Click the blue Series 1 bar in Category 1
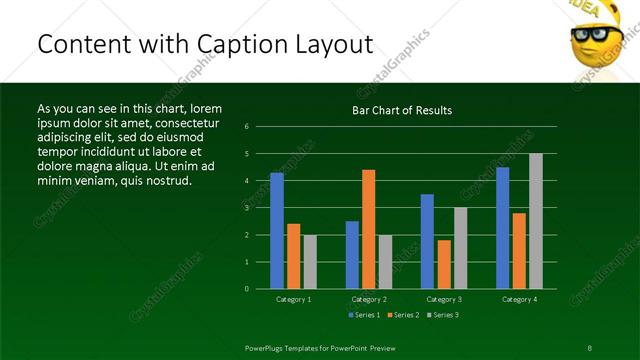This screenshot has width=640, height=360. pos(277,231)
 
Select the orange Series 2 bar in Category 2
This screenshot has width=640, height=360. pos(369,229)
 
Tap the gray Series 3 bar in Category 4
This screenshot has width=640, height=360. pos(536,221)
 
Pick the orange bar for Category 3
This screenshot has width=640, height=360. pos(444,264)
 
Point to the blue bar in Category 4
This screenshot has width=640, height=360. pos(502,228)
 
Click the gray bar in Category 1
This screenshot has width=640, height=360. pos(310,262)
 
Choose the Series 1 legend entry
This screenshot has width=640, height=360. pos(364,315)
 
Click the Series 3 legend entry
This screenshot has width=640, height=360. pos(444,315)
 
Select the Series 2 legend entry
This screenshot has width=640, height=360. pos(404,315)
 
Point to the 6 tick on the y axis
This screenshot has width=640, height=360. pos(246,127)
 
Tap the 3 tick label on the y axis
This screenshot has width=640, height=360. pos(246,208)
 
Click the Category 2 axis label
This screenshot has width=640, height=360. pos(369,299)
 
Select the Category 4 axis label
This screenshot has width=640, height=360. pos(519,299)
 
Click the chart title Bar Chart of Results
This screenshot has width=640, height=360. pos(402,110)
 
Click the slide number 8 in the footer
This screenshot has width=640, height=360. pos(589,347)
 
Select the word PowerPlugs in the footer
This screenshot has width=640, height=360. pos(266,347)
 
